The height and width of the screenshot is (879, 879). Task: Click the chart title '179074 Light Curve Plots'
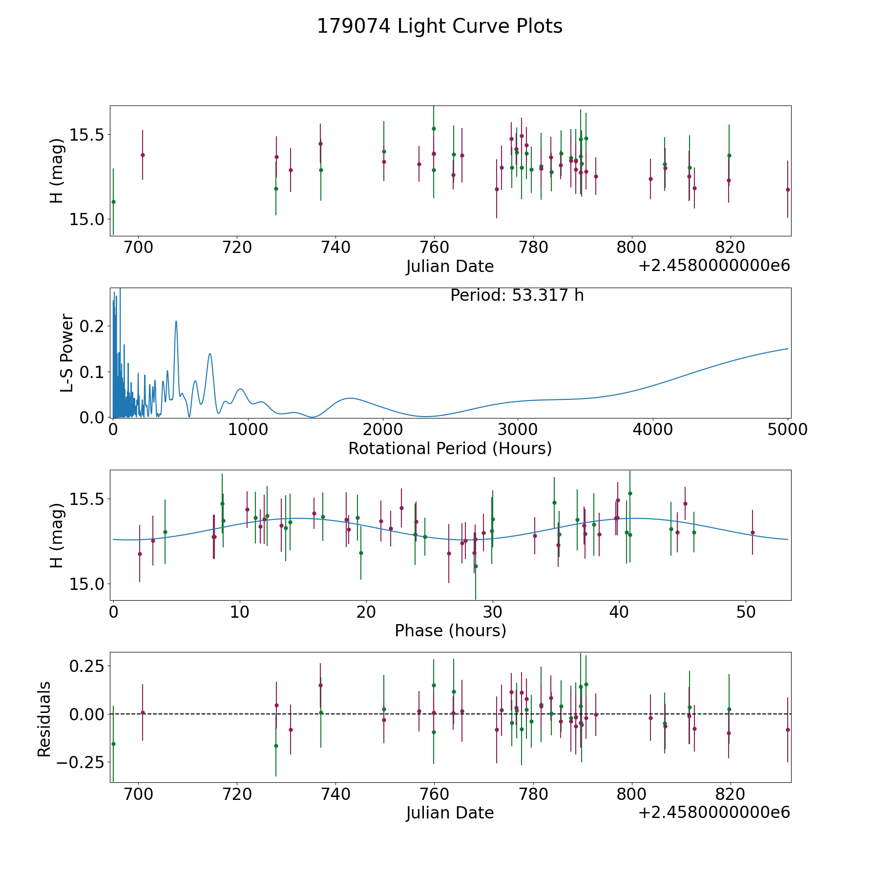tap(439, 26)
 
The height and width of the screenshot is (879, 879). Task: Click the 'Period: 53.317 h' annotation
tap(517, 295)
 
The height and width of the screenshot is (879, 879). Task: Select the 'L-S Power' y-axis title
tap(67, 353)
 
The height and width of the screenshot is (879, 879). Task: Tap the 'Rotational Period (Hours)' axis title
tap(450, 448)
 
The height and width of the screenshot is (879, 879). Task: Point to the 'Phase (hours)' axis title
tap(450, 630)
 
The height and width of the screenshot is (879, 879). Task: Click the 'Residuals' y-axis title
tap(44, 719)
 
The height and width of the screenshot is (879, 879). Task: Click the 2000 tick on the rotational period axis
tap(383, 430)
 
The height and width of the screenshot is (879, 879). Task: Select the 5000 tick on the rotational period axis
tap(788, 430)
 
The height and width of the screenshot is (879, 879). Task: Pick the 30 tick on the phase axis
tap(493, 612)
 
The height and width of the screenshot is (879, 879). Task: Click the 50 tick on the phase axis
tap(746, 612)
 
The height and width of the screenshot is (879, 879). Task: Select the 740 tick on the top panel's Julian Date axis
tap(336, 248)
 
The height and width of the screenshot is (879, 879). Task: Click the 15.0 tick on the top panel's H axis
tap(86, 220)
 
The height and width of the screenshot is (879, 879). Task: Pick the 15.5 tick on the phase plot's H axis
tap(86, 499)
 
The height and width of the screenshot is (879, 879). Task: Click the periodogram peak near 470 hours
tap(176, 321)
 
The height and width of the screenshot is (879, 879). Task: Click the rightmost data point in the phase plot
tap(753, 532)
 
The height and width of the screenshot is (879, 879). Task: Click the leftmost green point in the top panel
tap(113, 202)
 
